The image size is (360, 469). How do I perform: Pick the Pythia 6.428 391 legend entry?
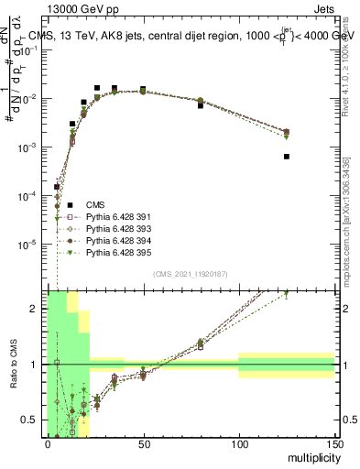(x=115, y=217)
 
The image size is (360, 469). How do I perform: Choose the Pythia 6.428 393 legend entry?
(x=115, y=229)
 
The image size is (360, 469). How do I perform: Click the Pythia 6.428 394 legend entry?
(x=115, y=241)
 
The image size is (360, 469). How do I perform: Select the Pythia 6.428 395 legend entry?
(x=115, y=253)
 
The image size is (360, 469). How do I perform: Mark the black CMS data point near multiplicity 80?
(x=201, y=105)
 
